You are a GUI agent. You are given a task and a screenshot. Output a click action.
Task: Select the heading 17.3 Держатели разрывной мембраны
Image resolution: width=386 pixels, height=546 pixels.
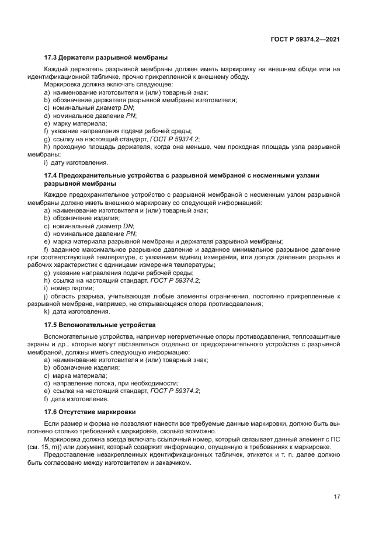tap(106, 58)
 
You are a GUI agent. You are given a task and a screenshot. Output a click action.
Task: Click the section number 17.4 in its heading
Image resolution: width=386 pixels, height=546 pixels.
tap(51, 176)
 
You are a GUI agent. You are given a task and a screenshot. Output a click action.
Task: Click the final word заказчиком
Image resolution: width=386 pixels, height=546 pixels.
tap(173, 462)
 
